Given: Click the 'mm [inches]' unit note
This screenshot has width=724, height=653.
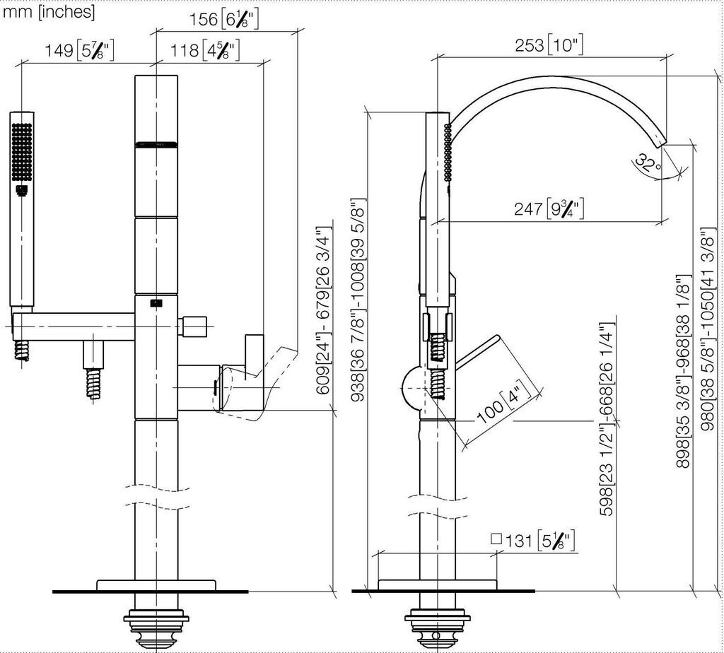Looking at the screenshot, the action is click(49, 11).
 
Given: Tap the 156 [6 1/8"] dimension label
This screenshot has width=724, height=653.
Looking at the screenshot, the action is click(224, 19).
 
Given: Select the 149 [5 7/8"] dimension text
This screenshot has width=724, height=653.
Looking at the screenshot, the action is click(79, 50).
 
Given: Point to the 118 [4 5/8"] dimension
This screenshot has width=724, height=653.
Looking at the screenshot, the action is click(205, 50).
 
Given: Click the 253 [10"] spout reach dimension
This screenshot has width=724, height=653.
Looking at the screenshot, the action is click(549, 45).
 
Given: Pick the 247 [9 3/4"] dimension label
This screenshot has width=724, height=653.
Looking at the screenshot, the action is click(549, 208).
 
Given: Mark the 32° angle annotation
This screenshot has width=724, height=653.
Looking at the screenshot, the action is click(648, 164).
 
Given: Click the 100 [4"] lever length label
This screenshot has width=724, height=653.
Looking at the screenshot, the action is click(504, 402).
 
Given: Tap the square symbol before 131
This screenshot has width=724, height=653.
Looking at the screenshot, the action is click(496, 539).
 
